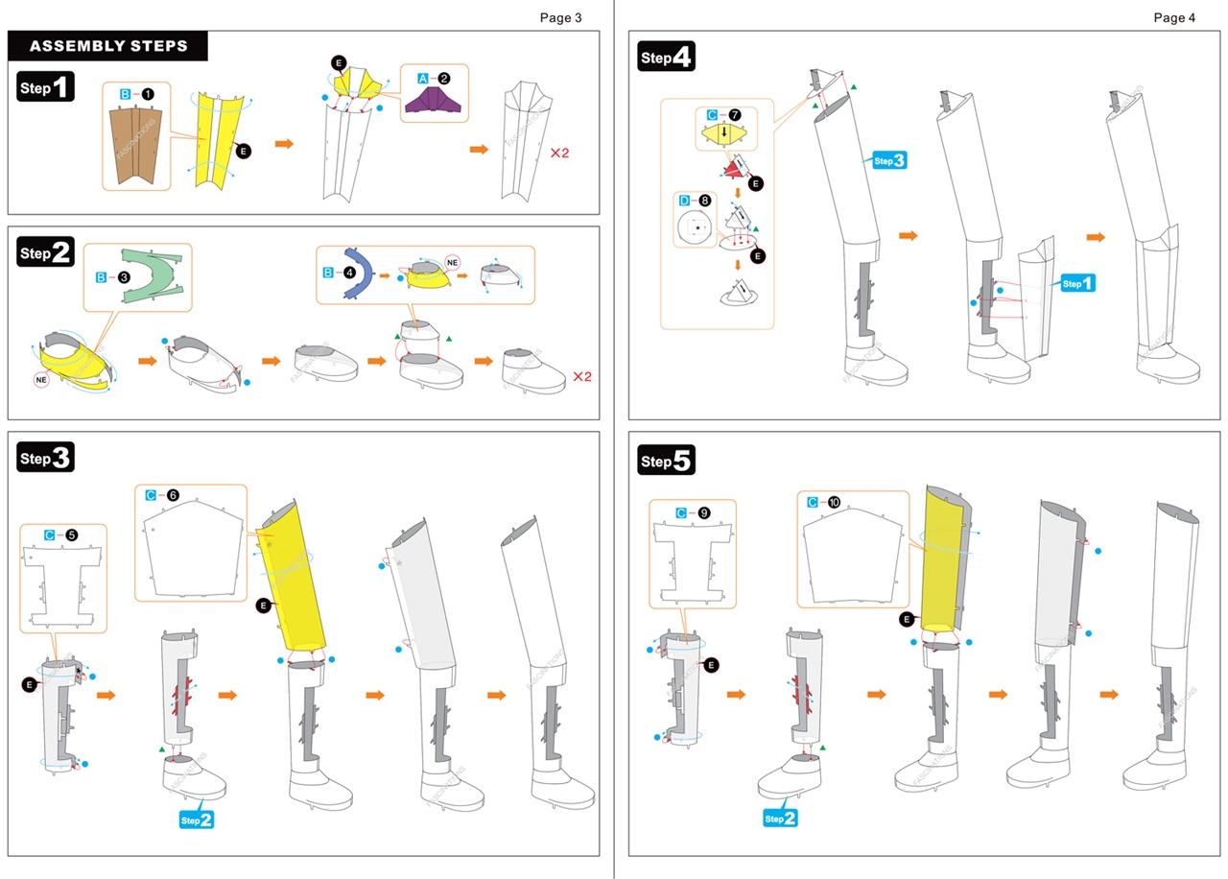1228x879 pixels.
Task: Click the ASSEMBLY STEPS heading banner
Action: (x=107, y=46)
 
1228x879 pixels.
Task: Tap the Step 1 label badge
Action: (x=46, y=88)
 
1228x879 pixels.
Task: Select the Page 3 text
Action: (x=560, y=16)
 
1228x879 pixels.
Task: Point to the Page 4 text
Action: (x=1175, y=16)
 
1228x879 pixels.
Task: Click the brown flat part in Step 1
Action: (x=137, y=143)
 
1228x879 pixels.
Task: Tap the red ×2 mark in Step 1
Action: (x=559, y=153)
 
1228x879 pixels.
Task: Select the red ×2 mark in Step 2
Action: (x=582, y=376)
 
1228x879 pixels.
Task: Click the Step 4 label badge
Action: (x=665, y=58)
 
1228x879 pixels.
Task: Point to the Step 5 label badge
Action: (x=665, y=461)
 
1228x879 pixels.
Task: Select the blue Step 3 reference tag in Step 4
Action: (x=887, y=160)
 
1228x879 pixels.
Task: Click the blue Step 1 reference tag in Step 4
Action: (x=1076, y=283)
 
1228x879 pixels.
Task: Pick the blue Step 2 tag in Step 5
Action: (x=780, y=818)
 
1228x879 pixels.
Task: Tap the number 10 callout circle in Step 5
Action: (x=835, y=502)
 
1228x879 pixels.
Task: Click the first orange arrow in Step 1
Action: (x=284, y=143)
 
